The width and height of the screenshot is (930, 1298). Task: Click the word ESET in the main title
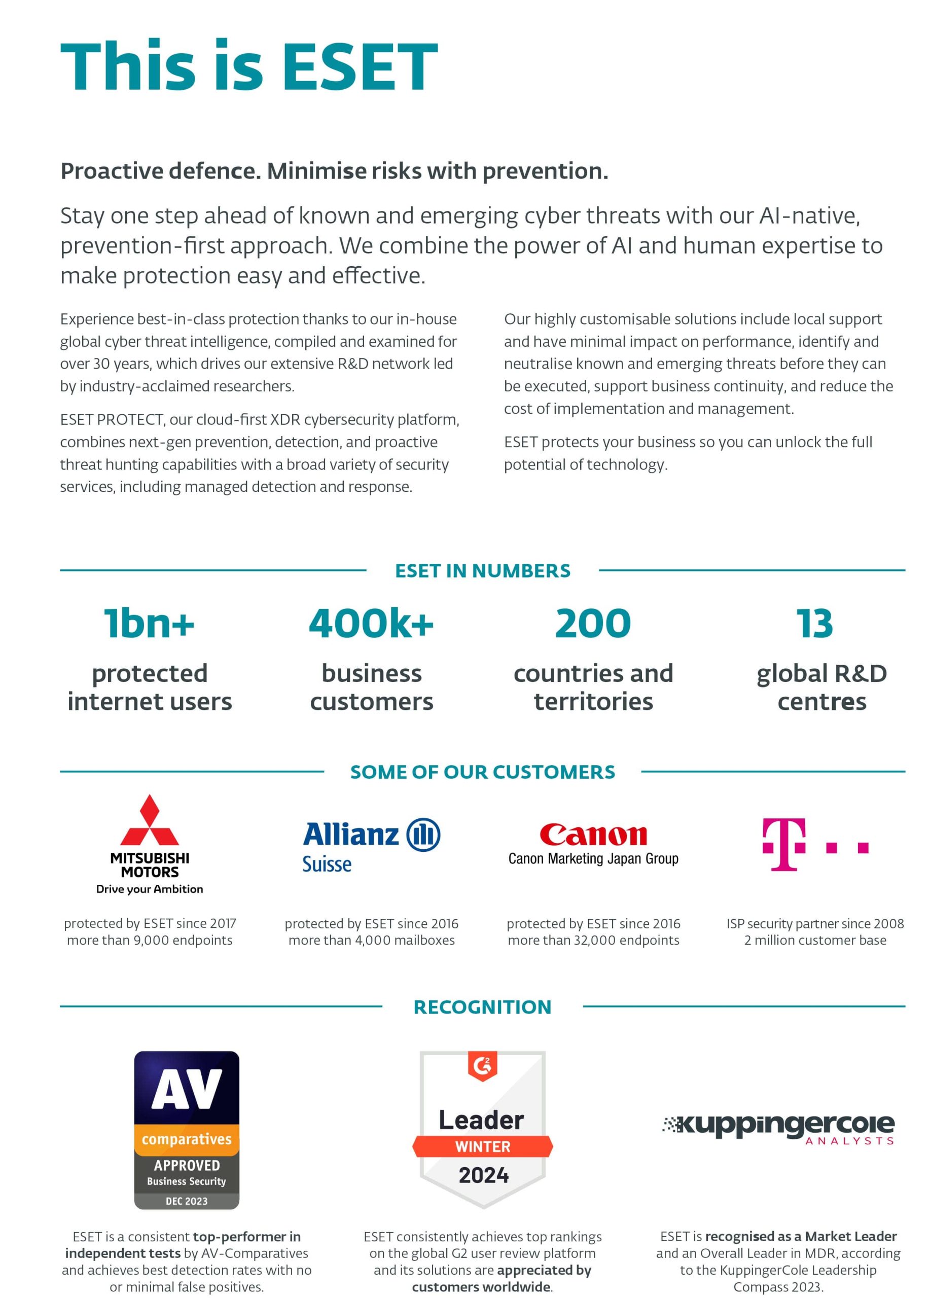pyautogui.click(x=360, y=66)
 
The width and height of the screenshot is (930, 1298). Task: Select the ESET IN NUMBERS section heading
pyautogui.click(x=482, y=570)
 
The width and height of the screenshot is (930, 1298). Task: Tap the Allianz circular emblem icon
pyautogui.click(x=423, y=835)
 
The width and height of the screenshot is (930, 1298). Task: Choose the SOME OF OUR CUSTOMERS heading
pyautogui.click(x=482, y=772)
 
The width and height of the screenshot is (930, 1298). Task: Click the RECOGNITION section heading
pyautogui.click(x=482, y=1007)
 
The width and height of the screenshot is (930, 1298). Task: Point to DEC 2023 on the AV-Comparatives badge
pyautogui.click(x=187, y=1201)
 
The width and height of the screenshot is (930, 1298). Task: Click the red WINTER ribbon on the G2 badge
pyautogui.click(x=482, y=1146)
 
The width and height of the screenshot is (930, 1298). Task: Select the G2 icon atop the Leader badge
pyautogui.click(x=482, y=1066)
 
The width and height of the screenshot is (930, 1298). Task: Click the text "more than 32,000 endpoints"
pyautogui.click(x=593, y=941)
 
